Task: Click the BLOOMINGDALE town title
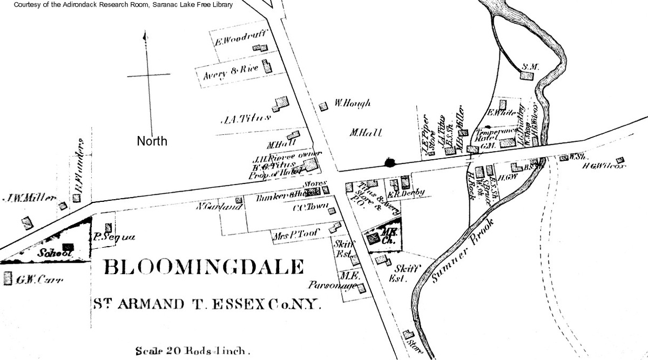(x=204, y=267)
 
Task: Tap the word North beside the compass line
(x=152, y=141)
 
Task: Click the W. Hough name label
(x=353, y=103)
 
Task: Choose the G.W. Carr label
(x=40, y=280)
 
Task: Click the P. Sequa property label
(x=114, y=236)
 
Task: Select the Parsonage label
(x=332, y=285)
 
